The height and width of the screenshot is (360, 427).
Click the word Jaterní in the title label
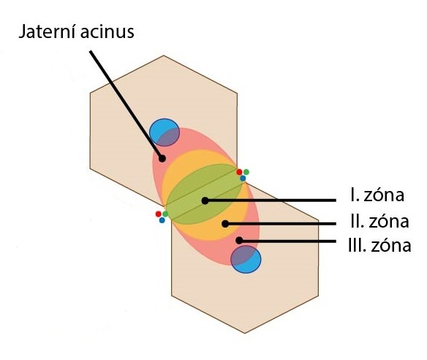tap(48, 31)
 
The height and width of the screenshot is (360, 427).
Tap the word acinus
tap(107, 31)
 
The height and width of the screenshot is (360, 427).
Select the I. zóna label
tap(377, 195)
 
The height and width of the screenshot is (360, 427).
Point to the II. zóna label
tap(379, 221)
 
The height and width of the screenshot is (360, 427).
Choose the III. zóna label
tap(380, 246)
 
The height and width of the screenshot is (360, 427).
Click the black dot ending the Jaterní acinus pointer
tap(162, 158)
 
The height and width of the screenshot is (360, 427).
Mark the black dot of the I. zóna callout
tap(205, 200)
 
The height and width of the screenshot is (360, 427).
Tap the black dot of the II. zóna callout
tap(225, 224)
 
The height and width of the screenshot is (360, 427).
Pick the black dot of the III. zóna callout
tap(239, 240)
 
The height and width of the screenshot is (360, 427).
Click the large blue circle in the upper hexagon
tap(165, 132)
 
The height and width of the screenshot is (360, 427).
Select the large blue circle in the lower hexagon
tap(246, 260)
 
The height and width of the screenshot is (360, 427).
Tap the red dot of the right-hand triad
tap(239, 172)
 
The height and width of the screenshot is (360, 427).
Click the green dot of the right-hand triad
tap(246, 172)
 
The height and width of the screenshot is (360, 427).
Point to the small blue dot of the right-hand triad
tap(243, 179)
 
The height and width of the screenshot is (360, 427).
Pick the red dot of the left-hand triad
tap(159, 214)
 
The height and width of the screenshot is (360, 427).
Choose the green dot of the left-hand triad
tap(165, 214)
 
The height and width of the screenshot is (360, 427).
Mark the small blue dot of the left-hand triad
tap(162, 220)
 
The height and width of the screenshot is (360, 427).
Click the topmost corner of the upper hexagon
tap(163, 56)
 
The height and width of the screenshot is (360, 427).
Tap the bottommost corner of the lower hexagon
tap(244, 333)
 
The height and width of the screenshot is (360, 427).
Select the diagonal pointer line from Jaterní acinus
tap(126, 105)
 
